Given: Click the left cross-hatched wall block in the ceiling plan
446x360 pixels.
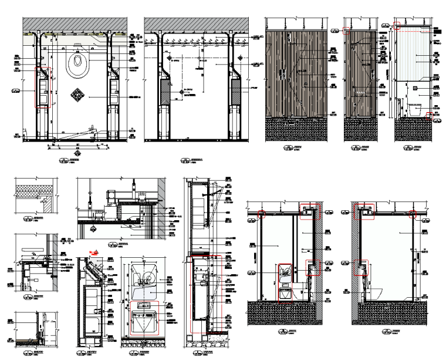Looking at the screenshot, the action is [165, 92].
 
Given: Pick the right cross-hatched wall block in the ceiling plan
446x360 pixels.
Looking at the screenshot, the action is [236, 92].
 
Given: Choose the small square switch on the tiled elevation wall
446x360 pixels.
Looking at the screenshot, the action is [415, 88].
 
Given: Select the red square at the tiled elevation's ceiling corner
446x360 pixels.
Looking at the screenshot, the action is [397, 26].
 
